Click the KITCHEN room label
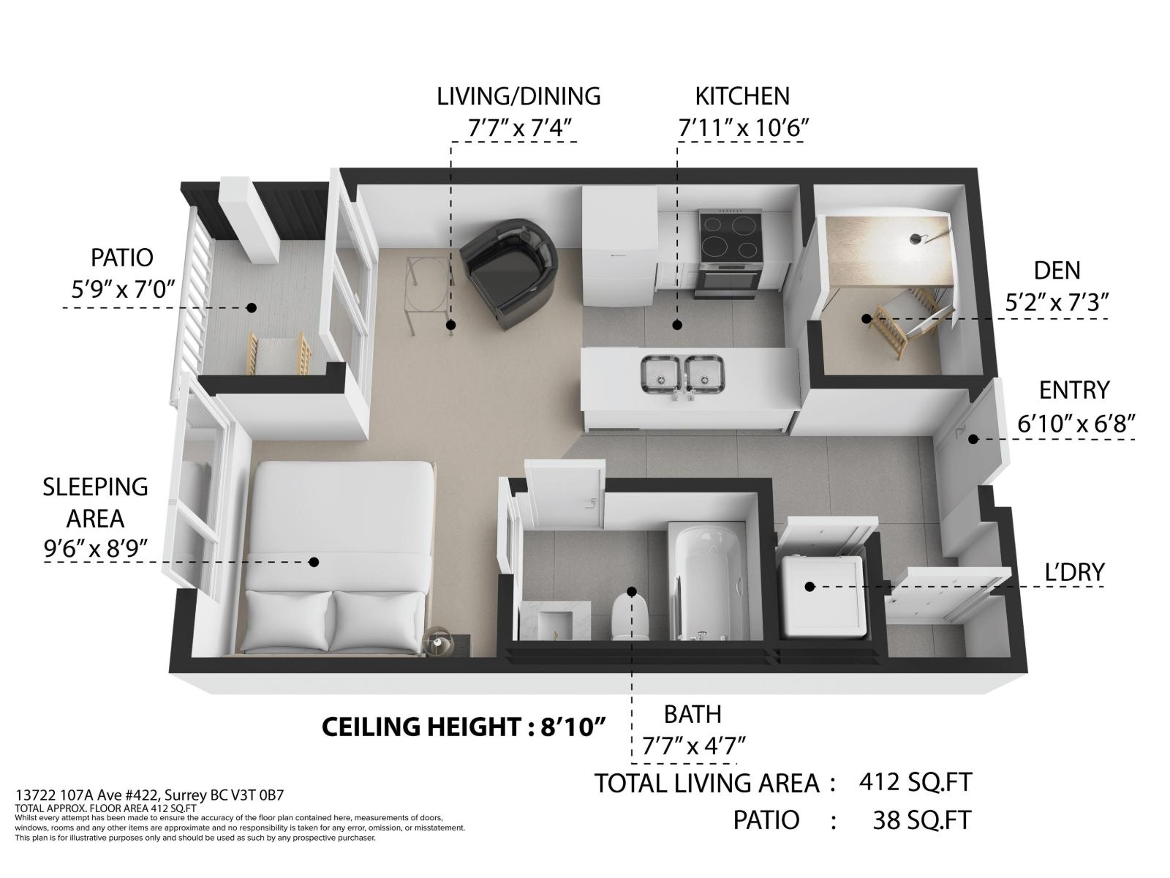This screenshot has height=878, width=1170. (742, 97)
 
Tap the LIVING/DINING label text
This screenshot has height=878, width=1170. (518, 97)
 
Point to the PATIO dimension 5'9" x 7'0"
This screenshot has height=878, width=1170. (123, 290)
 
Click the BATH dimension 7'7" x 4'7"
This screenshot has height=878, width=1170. (693, 746)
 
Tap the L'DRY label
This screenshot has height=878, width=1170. (1075, 572)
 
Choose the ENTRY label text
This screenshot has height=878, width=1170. (1074, 390)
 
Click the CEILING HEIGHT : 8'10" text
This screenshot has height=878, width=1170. (464, 727)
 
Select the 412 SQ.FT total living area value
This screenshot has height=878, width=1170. (916, 782)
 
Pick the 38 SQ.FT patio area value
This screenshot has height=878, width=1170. (922, 820)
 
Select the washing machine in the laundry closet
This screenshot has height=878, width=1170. (821, 596)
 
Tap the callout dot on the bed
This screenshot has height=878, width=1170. (314, 562)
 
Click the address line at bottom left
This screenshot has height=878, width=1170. (150, 795)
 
